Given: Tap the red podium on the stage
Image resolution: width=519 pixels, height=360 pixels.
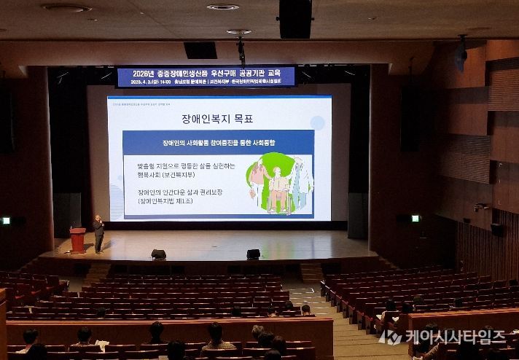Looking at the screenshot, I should pyautogui.click(x=77, y=240).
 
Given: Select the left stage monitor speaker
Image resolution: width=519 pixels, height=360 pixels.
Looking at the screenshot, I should pyautogui.click(x=158, y=254).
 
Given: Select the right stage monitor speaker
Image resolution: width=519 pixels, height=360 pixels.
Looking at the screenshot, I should pyautogui.click(x=253, y=254).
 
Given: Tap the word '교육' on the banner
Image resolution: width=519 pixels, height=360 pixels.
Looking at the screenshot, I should pyautogui.click(x=281, y=72).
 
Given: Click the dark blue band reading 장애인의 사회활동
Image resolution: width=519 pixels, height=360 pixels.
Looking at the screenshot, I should pyautogui.click(x=218, y=141).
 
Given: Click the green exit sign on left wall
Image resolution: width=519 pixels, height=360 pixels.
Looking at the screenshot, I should pyautogui.click(x=7, y=220).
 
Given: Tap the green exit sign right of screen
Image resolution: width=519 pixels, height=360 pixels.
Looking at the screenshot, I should pyautogui.click(x=415, y=218).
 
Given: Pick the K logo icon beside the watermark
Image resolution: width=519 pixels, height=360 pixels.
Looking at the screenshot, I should pyautogui.click(x=390, y=337).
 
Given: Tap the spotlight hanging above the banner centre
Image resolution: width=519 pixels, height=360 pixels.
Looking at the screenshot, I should pyautogui.click(x=241, y=47).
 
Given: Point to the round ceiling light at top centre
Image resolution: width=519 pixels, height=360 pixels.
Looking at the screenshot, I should pyautogui.click(x=222, y=7).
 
